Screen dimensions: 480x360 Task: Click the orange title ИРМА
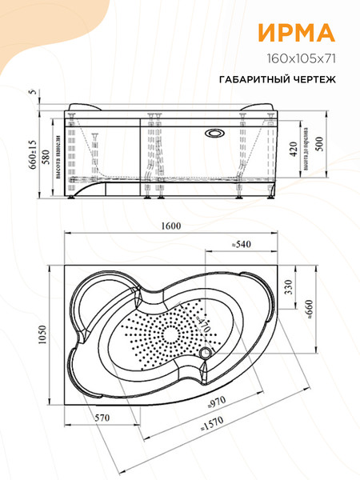coord(295,33)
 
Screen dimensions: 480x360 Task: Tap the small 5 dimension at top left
coord(31,92)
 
